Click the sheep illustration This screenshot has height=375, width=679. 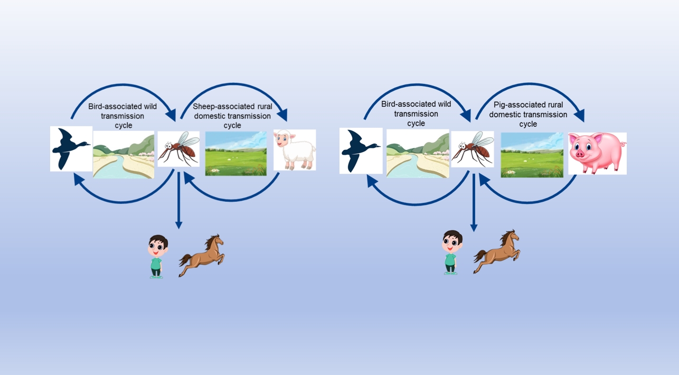click(x=295, y=150)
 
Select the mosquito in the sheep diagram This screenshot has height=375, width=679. click(x=178, y=149)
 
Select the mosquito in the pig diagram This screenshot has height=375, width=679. click(x=473, y=149)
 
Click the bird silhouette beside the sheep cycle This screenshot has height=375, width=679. click(x=71, y=148)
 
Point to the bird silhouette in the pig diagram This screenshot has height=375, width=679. click(x=361, y=151)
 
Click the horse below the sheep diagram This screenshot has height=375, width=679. click(x=202, y=255)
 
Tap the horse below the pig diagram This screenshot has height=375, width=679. click(x=496, y=251)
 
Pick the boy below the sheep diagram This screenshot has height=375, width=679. click(x=157, y=257)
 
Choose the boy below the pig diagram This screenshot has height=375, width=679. click(x=451, y=252)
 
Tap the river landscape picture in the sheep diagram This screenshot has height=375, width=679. click(x=124, y=155)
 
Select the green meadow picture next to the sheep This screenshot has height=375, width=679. click(x=236, y=153)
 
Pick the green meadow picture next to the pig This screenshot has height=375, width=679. click(x=532, y=155)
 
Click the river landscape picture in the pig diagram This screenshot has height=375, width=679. click(x=418, y=153)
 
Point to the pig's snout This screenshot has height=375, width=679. click(x=580, y=154)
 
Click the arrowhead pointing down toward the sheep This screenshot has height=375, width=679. click(x=281, y=115)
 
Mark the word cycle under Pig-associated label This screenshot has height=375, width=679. click(x=528, y=124)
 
